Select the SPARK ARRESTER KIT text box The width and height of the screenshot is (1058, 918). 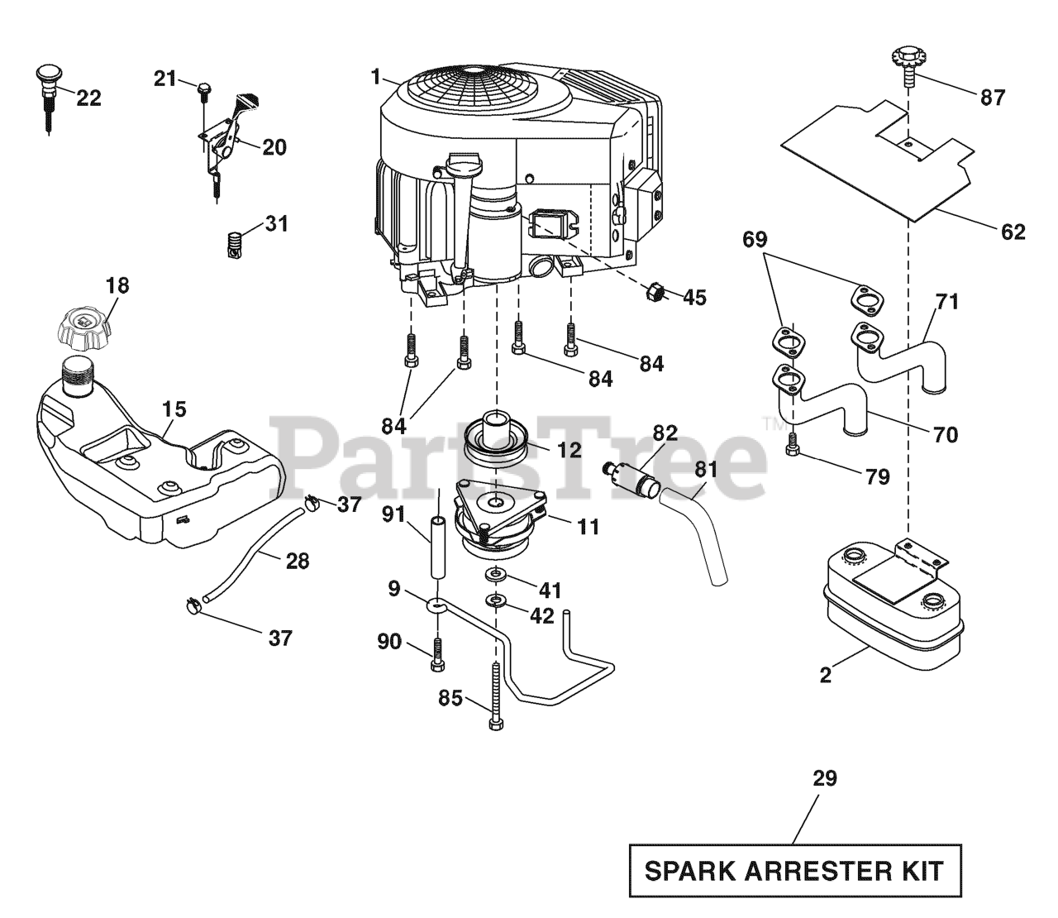[795, 870]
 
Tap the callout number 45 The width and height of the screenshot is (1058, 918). [694, 297]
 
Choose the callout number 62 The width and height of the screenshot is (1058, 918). [1013, 232]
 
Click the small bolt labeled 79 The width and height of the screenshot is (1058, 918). [793, 443]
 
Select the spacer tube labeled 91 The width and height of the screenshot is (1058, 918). [436, 547]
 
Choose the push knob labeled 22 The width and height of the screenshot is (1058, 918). [48, 98]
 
